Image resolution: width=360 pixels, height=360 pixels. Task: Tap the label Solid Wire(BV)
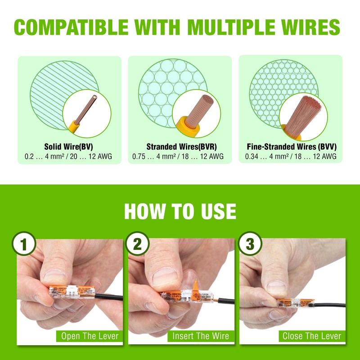[x=68, y=147]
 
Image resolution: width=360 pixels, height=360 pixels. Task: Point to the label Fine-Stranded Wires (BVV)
[x=292, y=147]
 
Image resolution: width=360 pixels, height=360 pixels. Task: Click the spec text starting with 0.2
[x=68, y=157]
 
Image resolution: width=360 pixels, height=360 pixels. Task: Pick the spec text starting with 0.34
[x=291, y=157]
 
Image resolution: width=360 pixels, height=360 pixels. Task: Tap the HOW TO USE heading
[x=180, y=211]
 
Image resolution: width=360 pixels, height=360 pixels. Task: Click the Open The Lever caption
[x=90, y=336]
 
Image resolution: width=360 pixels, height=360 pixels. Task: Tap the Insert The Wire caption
[x=201, y=336]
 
